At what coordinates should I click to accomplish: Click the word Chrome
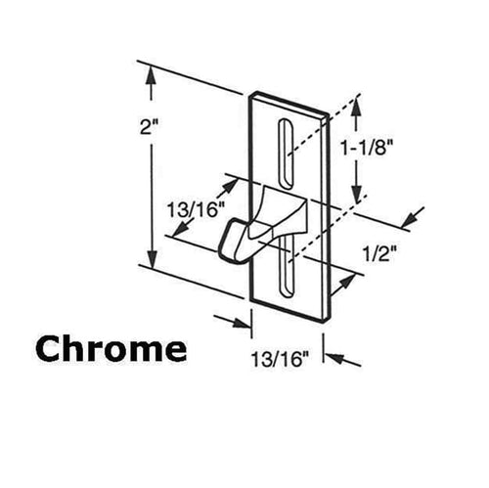click(x=111, y=349)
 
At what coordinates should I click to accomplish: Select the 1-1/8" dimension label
click(x=366, y=149)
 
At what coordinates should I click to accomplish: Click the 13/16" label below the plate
click(x=281, y=359)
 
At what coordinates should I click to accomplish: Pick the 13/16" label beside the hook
click(x=192, y=209)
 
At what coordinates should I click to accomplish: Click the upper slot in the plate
click(x=286, y=154)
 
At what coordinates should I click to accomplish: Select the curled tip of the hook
click(x=229, y=241)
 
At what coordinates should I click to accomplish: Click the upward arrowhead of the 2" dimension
click(x=151, y=75)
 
